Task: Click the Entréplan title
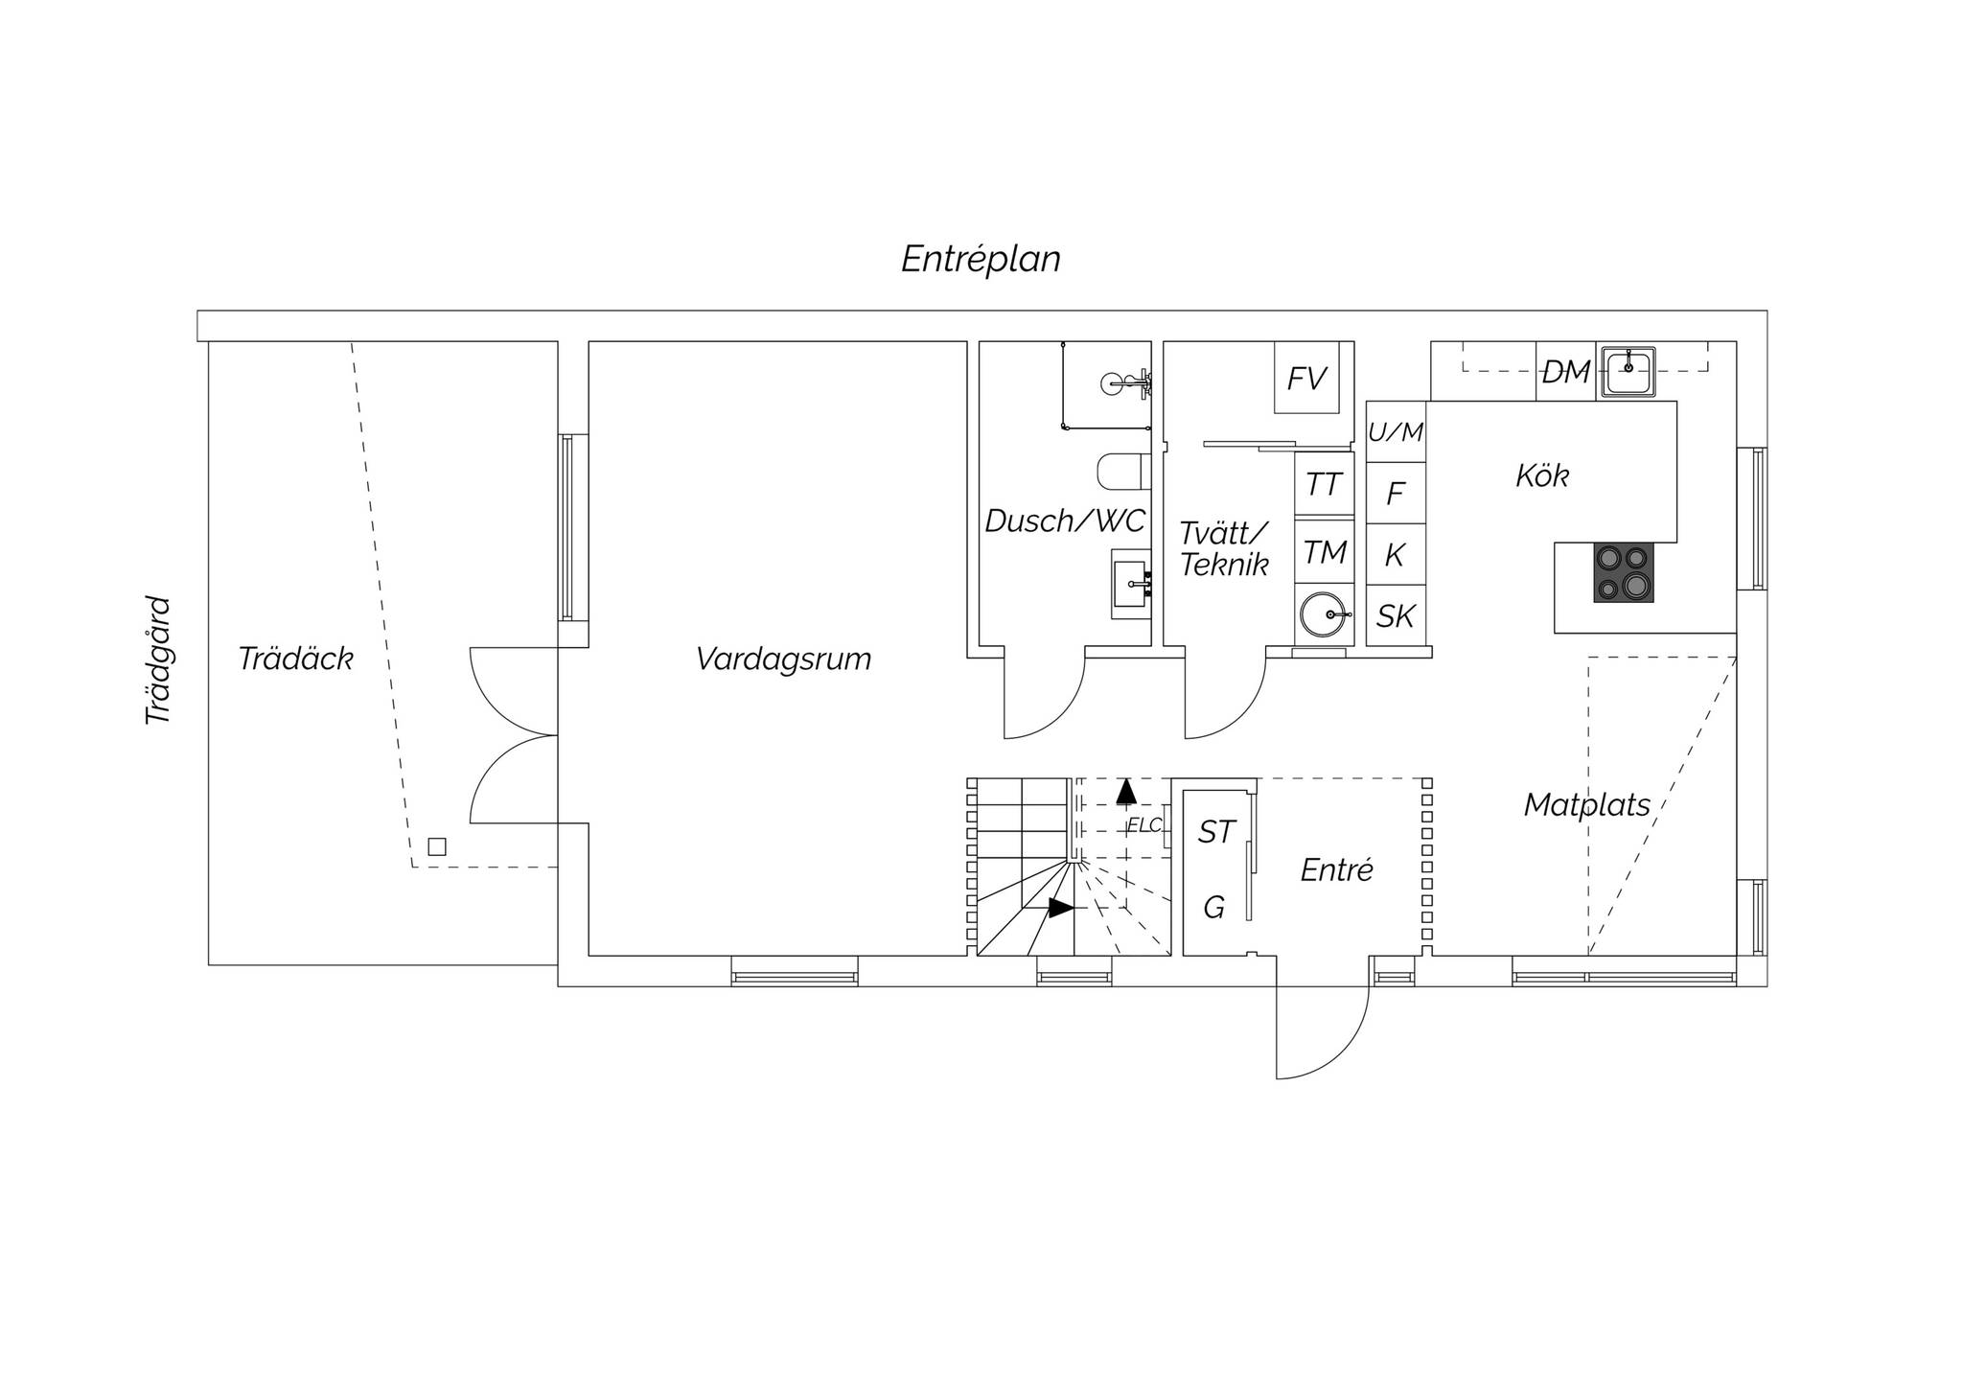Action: point(981,259)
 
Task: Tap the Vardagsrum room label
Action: point(783,659)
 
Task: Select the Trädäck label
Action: point(295,659)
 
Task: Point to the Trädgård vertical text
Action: point(158,660)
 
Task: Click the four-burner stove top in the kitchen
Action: point(1624,573)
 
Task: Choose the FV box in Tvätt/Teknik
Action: point(1306,378)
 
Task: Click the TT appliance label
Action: point(1324,484)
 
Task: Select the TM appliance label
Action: point(1326,552)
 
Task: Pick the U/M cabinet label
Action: point(1396,432)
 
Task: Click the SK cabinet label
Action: point(1396,615)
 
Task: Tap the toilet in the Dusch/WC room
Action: point(1123,471)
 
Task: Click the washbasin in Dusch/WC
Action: point(1131,584)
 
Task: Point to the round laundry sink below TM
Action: point(1326,614)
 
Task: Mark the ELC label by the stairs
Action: point(1144,824)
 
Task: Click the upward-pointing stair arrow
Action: point(1126,791)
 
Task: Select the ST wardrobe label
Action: point(1216,832)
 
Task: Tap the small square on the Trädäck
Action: point(437,846)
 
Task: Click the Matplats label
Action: point(1587,804)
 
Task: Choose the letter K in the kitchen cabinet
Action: point(1396,554)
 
